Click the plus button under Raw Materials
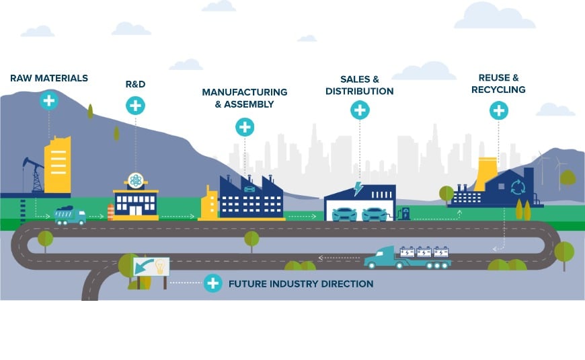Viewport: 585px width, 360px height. (48, 101)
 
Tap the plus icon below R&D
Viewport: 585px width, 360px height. (135, 105)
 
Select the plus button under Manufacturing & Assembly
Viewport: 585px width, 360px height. (245, 127)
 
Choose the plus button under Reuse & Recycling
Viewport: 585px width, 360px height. (498, 110)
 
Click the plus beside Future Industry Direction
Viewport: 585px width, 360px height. (213, 283)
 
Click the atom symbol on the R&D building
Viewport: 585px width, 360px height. (135, 180)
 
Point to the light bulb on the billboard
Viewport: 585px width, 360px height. (160, 266)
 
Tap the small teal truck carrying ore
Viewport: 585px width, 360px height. (70, 215)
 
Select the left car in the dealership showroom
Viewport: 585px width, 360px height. (344, 214)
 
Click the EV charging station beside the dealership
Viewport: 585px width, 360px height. (405, 213)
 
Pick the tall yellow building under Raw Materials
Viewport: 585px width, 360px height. (58, 164)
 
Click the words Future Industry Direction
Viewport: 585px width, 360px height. (301, 284)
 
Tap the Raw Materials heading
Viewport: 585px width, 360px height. (49, 78)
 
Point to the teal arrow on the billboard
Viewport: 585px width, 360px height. (144, 268)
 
